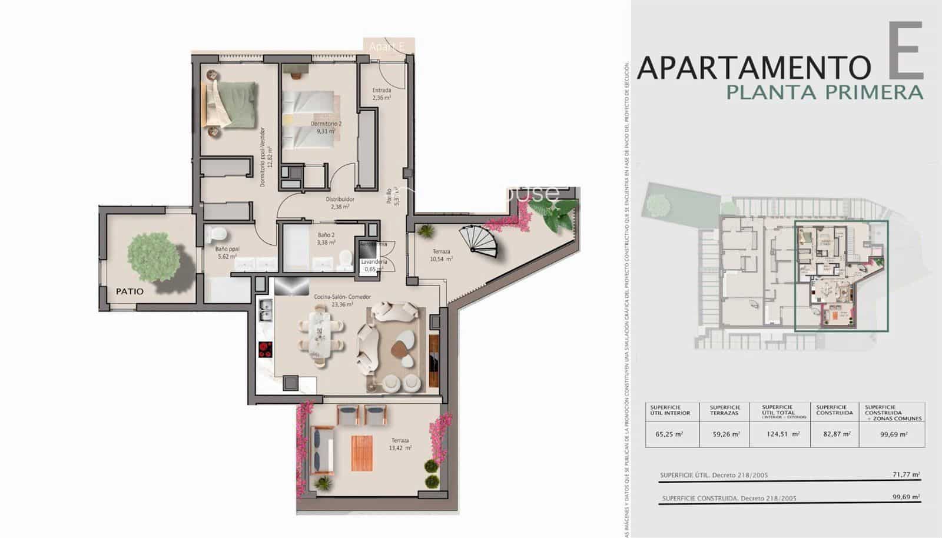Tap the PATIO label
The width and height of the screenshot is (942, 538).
[x=130, y=291]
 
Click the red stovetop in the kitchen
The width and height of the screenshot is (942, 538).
[x=266, y=350]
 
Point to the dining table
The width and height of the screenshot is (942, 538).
[x=320, y=334]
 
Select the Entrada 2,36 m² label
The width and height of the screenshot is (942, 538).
[x=382, y=94]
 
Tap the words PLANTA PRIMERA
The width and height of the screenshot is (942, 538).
[x=824, y=92]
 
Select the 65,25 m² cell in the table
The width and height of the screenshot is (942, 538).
[x=668, y=434]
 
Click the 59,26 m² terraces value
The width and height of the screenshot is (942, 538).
[x=725, y=434]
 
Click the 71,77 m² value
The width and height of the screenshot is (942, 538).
[x=906, y=474]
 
